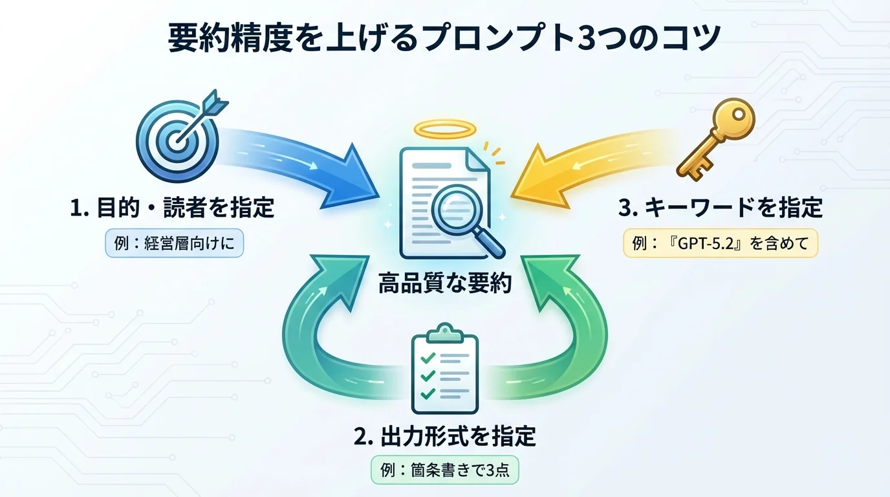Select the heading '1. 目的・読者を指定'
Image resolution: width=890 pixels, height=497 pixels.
pos(171,208)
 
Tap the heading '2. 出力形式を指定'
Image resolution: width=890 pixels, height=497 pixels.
pos(445,436)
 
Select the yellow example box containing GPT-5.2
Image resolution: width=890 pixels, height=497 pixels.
pos(721,245)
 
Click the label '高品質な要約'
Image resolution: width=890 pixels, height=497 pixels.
pos(445,283)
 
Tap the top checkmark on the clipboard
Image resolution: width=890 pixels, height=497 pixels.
pos(427,357)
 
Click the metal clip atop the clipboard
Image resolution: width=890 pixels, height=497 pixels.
pos(444,334)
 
